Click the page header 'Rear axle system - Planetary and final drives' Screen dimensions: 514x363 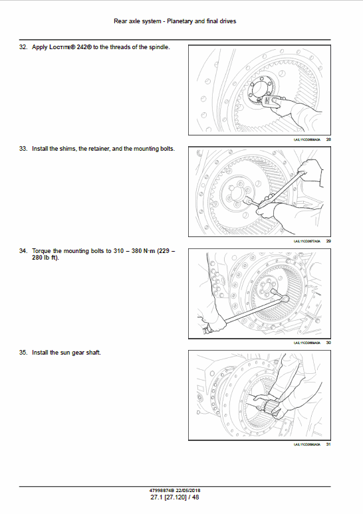pos(175,21)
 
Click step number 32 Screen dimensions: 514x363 pos(24,48)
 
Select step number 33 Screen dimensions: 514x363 pos(24,149)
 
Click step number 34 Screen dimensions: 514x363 pos(24,251)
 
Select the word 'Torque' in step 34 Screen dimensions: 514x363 pos(42,251)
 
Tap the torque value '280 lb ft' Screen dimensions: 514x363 pos(45,258)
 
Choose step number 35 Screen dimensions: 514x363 pos(24,352)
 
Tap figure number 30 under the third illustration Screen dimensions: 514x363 pos(328,343)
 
